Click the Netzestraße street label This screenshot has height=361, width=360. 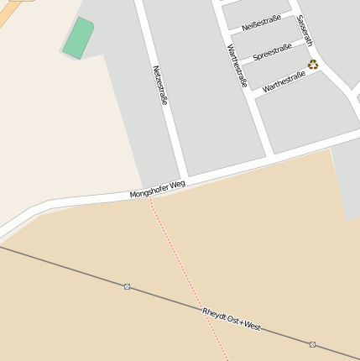pyautogui.click(x=160, y=85)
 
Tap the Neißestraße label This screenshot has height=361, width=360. pyautogui.click(x=261, y=22)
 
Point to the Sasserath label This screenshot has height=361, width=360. pyautogui.click(x=305, y=29)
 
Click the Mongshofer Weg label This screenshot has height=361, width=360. pyautogui.click(x=157, y=189)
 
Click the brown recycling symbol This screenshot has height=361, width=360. pyautogui.click(x=313, y=64)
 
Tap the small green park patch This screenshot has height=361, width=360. pyautogui.click(x=78, y=39)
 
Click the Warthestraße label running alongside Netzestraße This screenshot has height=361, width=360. pyautogui.click(x=237, y=65)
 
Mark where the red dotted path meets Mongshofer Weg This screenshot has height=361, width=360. pyautogui.click(x=151, y=198)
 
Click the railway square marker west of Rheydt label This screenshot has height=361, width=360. pyautogui.click(x=128, y=286)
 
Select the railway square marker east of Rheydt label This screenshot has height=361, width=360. pyautogui.click(x=312, y=344)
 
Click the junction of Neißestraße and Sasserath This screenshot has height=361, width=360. pyautogui.click(x=293, y=12)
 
